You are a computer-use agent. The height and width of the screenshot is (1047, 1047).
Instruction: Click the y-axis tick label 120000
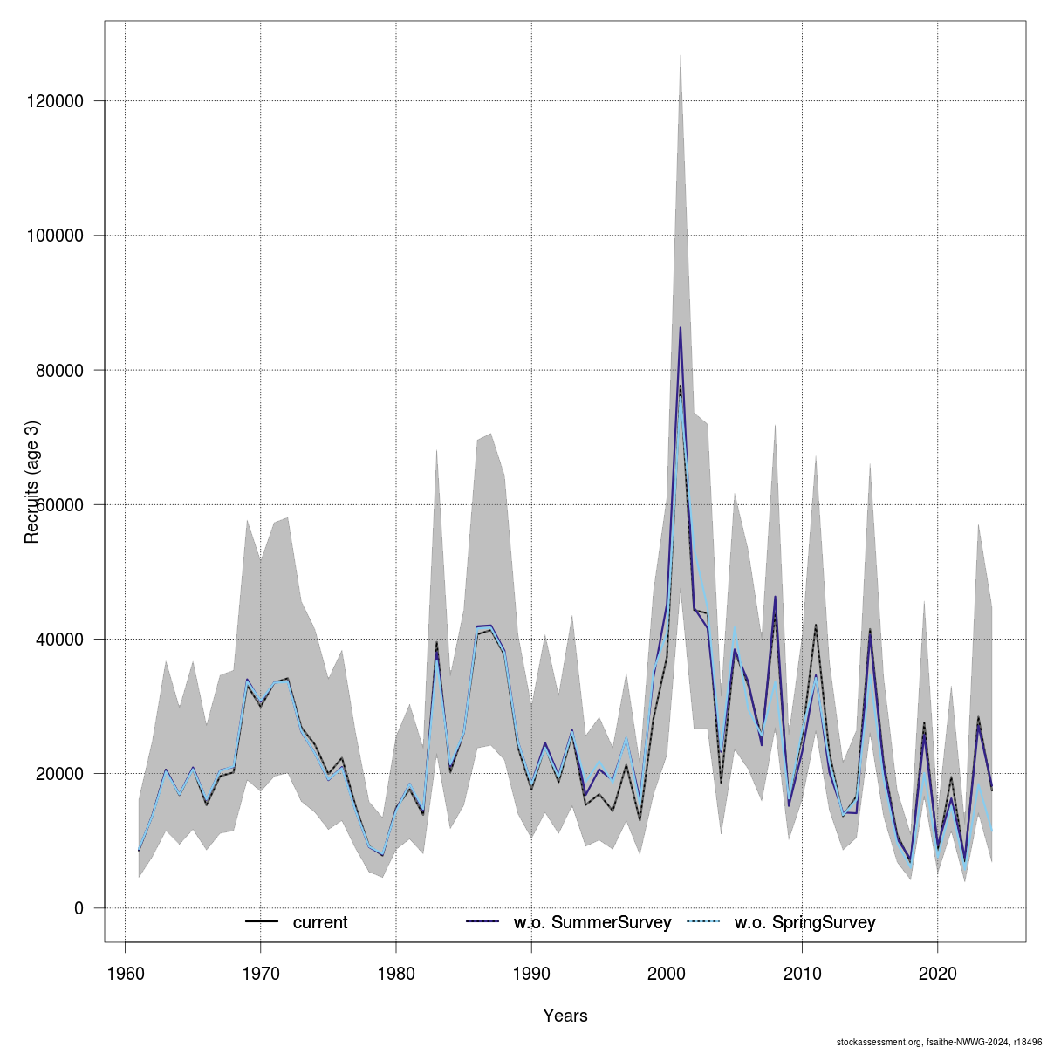tap(58, 101)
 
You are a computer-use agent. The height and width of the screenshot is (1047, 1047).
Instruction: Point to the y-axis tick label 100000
tap(58, 236)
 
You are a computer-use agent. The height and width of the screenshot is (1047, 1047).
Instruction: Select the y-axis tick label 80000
tap(63, 370)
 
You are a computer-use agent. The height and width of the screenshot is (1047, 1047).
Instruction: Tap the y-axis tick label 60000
tap(63, 504)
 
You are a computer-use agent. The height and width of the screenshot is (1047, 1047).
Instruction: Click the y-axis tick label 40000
tap(63, 639)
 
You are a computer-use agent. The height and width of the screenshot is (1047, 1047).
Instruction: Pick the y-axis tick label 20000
tap(63, 773)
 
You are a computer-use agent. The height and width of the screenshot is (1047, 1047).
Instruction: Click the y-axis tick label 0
tap(79, 908)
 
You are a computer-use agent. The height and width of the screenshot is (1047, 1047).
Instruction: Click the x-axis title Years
tap(565, 1016)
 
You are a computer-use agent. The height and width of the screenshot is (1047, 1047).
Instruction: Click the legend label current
tap(320, 922)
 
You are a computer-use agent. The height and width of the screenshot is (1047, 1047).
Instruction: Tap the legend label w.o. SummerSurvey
tap(592, 922)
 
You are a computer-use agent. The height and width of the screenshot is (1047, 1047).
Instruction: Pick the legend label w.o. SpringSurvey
tap(804, 922)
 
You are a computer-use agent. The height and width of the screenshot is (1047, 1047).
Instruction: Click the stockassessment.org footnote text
tap(939, 1042)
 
